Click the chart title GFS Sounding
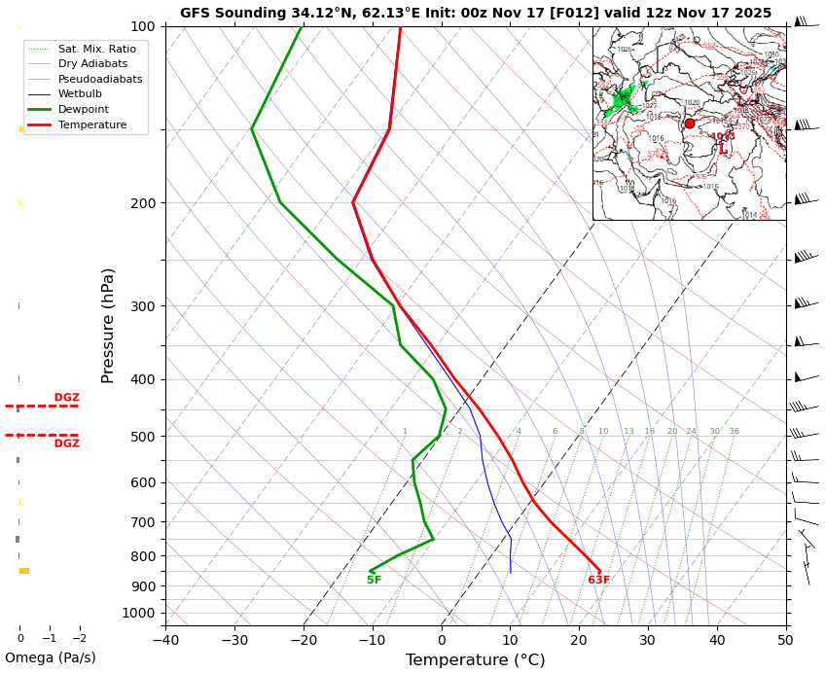(x=475, y=13)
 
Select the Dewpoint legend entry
(x=83, y=110)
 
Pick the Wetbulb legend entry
(x=80, y=94)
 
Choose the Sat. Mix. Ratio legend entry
(x=96, y=49)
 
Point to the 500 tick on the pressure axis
(x=143, y=437)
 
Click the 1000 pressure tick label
(x=139, y=613)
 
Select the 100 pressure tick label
(x=143, y=26)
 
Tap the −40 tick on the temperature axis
(x=165, y=639)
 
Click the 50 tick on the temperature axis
(x=785, y=639)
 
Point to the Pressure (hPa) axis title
(x=108, y=325)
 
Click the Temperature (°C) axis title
(x=475, y=660)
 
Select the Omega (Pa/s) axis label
(x=51, y=658)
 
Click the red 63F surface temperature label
(x=598, y=581)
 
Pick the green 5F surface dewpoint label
(x=374, y=581)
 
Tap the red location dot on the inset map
(x=690, y=124)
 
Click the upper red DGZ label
(x=67, y=398)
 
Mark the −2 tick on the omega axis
(x=80, y=639)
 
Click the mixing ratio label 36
(x=734, y=432)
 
